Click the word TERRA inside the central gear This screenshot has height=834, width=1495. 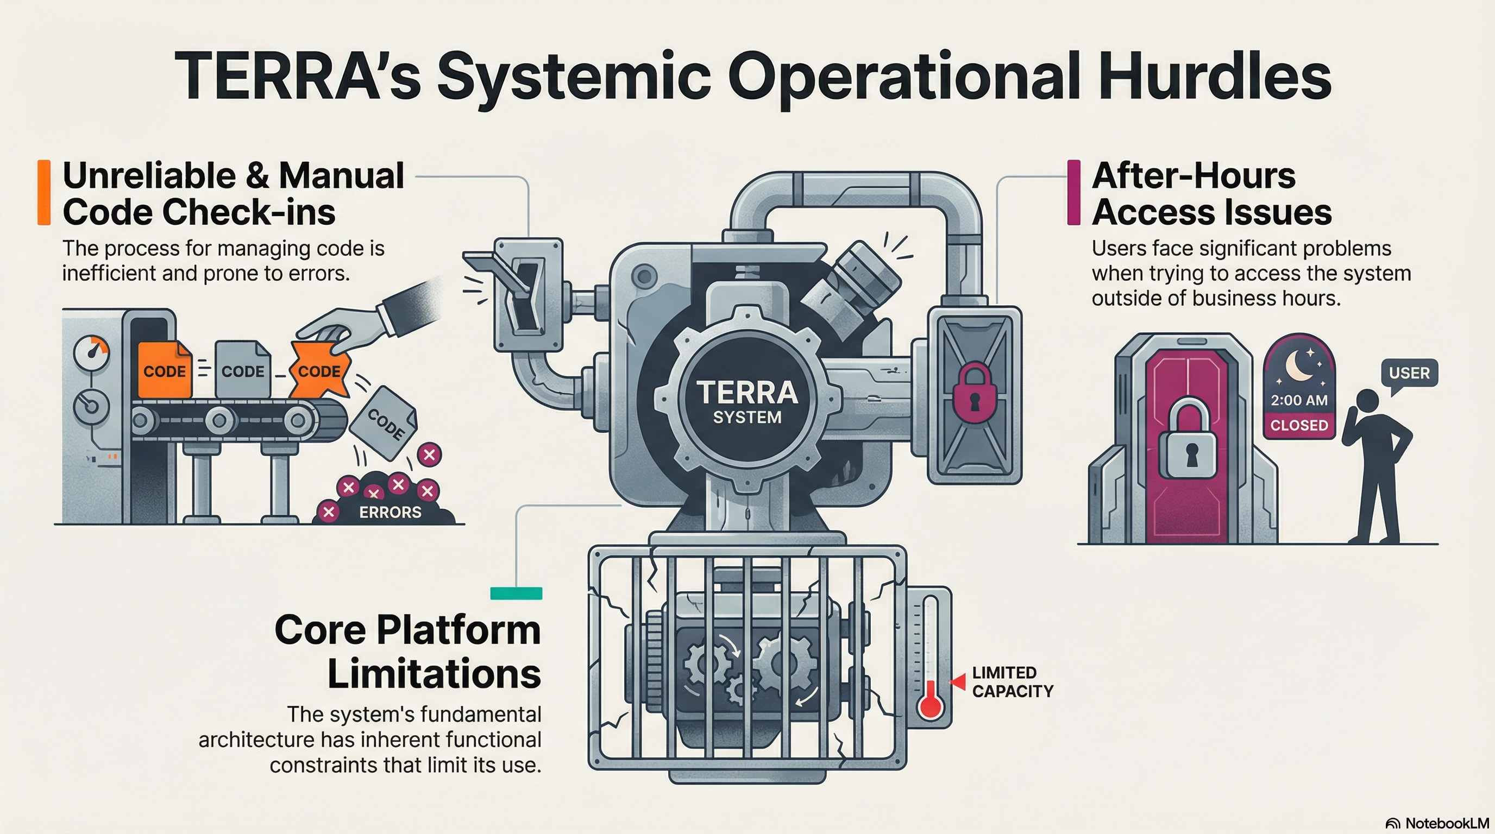(747, 392)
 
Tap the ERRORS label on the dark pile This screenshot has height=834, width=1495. (390, 512)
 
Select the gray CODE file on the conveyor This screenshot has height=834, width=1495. (243, 369)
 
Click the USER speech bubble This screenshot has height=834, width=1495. (1409, 373)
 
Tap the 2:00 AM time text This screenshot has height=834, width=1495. (1299, 400)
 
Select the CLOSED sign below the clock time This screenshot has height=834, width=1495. (1299, 425)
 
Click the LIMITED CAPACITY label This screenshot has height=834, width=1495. (1012, 682)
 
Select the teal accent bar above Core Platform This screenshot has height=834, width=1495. (516, 593)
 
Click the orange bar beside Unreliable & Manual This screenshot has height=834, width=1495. (44, 193)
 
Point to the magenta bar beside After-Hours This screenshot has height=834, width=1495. (1073, 193)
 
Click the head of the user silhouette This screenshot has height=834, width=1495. (1367, 401)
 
